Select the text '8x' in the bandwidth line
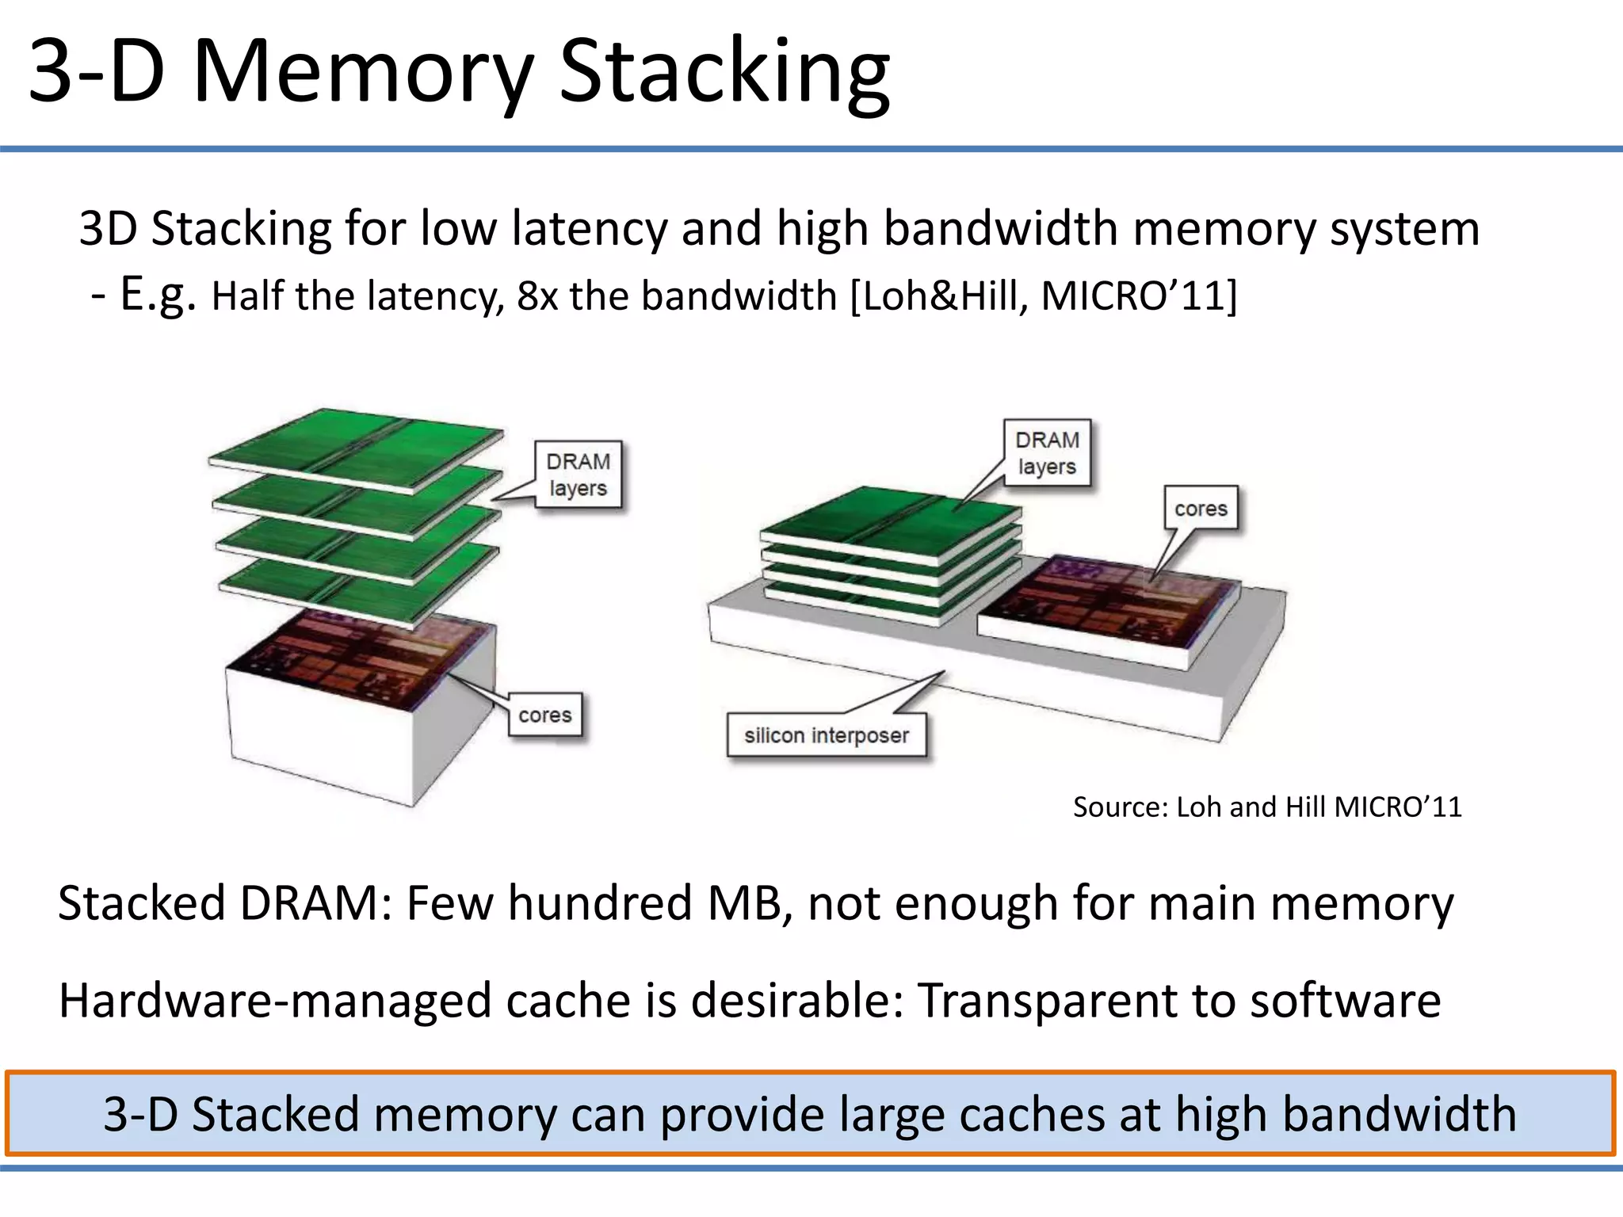(x=537, y=296)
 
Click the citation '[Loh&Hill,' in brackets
(x=939, y=296)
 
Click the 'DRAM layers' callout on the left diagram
(x=578, y=475)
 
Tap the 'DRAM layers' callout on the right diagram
(x=1047, y=453)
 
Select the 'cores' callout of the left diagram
(x=545, y=715)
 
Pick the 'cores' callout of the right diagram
(x=1201, y=509)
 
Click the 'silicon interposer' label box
(x=826, y=736)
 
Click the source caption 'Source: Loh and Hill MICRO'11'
(x=1266, y=807)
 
